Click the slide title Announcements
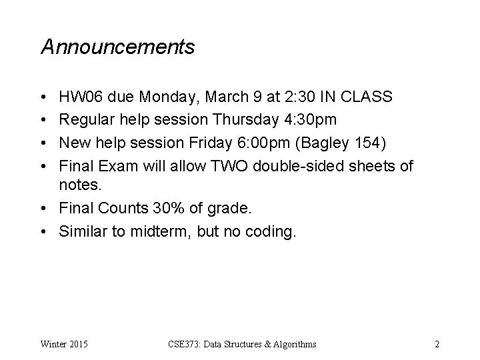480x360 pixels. click(x=117, y=47)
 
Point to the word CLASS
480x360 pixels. click(x=367, y=98)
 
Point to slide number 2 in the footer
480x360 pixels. click(x=436, y=345)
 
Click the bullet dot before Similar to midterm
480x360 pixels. click(x=44, y=231)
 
